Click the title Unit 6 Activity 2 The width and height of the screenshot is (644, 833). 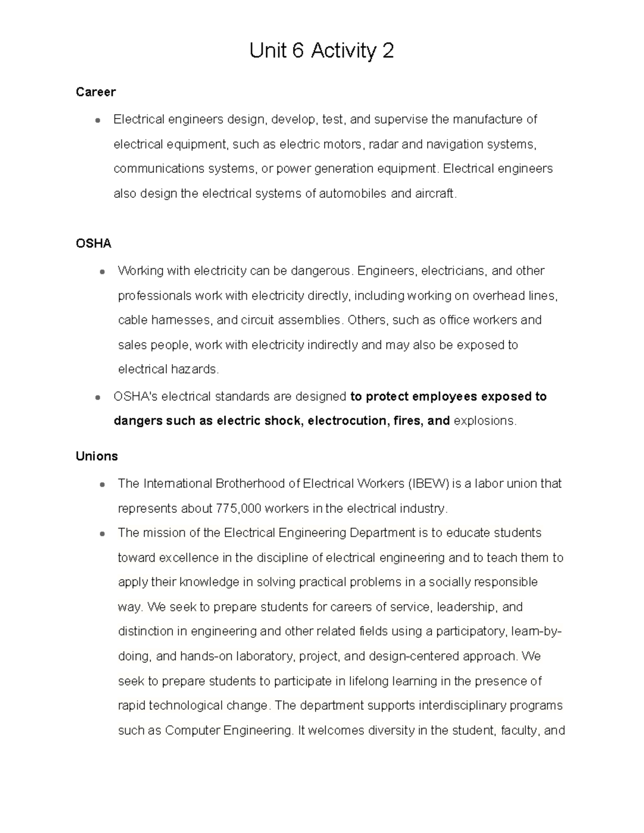[x=321, y=51]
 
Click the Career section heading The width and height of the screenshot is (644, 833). [x=96, y=92]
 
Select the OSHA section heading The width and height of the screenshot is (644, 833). [x=93, y=244]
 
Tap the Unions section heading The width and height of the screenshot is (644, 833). [x=97, y=456]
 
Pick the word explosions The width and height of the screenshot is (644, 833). [x=484, y=421]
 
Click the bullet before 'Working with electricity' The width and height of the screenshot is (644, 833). [x=101, y=271]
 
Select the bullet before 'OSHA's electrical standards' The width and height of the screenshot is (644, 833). [x=97, y=397]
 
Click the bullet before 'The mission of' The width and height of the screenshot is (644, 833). [x=101, y=534]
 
